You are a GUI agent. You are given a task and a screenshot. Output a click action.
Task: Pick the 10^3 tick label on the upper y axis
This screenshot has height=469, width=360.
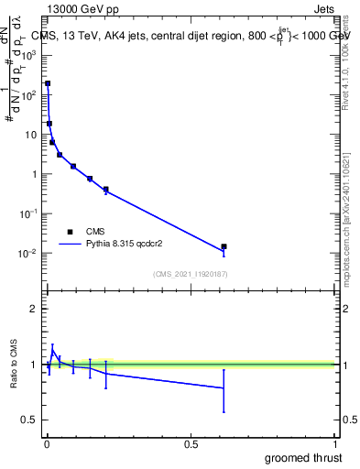tap(28, 55)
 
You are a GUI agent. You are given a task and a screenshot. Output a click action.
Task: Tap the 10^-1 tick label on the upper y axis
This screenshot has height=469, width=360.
tap(28, 213)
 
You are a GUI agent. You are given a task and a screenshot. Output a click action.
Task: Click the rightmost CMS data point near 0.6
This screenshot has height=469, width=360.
tap(224, 246)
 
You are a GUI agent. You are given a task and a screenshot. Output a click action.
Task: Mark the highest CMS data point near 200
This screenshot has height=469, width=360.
tap(48, 83)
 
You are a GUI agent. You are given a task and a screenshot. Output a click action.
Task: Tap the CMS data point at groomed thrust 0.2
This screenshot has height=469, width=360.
tap(106, 190)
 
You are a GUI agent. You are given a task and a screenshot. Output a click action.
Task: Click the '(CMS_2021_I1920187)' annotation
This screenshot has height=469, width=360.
tap(191, 274)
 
